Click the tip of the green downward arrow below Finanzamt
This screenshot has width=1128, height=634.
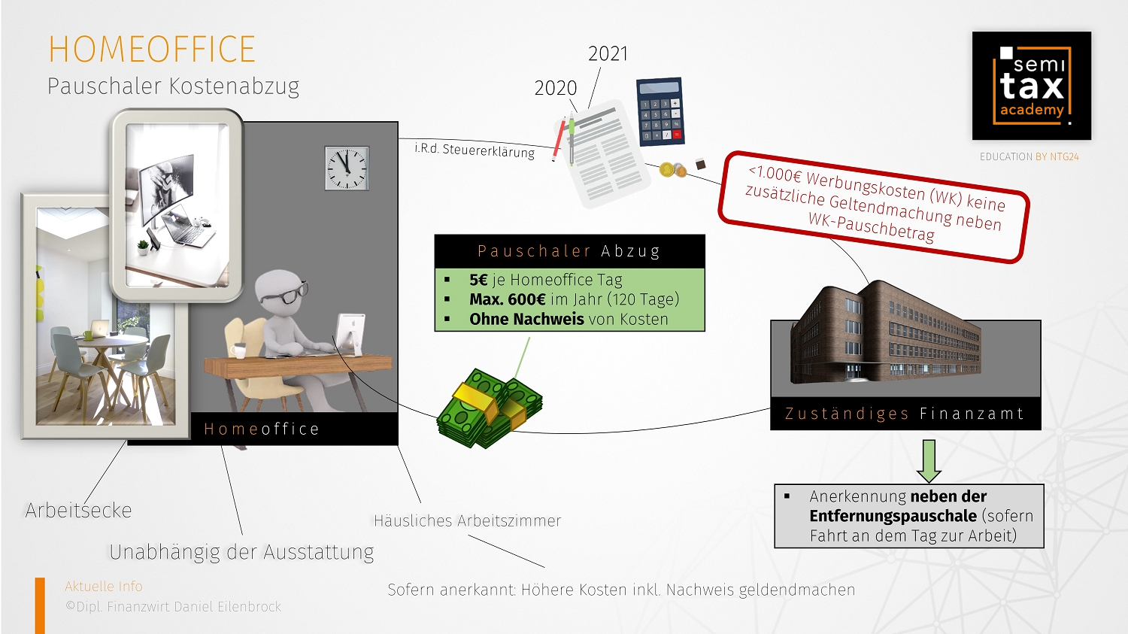(929, 482)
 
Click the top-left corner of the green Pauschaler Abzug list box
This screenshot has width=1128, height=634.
(435, 268)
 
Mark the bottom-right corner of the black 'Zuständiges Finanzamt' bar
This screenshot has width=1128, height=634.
(1041, 429)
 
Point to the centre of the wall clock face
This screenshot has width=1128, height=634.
(347, 168)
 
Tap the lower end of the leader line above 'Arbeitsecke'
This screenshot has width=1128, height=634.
(86, 502)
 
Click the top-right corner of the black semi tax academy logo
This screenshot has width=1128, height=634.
(1091, 32)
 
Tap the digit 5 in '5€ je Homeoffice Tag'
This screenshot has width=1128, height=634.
(474, 280)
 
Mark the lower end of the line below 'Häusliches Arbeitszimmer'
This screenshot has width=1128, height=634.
(544, 568)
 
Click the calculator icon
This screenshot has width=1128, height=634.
(660, 111)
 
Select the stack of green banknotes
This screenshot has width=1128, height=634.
(489, 408)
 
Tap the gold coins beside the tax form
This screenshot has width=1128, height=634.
(673, 170)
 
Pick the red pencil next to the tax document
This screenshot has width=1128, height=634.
(559, 139)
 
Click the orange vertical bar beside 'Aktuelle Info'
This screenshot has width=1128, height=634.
(40, 605)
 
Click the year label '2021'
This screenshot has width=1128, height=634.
(608, 54)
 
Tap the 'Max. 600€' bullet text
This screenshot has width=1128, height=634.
(507, 299)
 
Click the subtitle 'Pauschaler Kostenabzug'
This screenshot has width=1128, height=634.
(173, 86)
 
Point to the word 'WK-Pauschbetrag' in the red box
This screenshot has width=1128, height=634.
(871, 227)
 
